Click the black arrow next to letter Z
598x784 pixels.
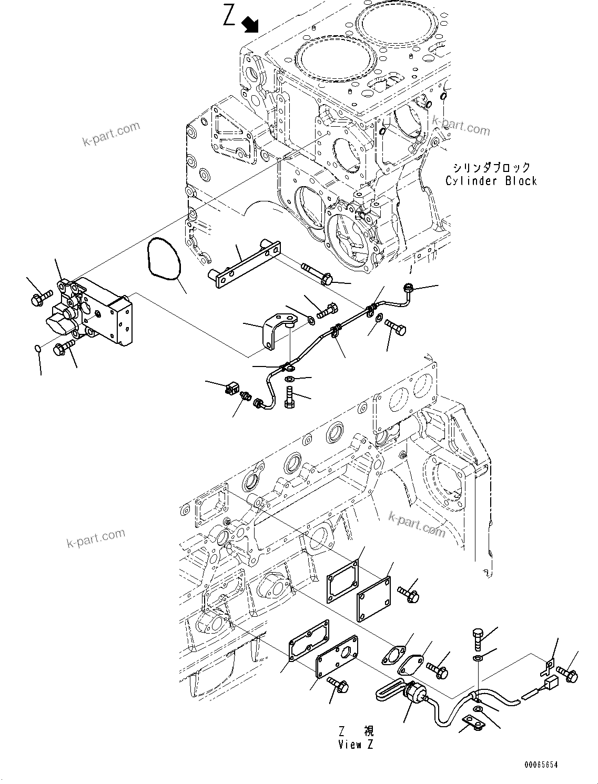click(x=250, y=24)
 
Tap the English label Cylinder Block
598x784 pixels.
click(x=491, y=181)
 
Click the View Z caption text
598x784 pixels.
click(x=357, y=744)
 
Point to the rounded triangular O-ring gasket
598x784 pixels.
click(x=164, y=258)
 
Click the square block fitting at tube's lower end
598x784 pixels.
click(x=232, y=390)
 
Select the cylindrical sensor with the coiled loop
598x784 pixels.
click(x=413, y=691)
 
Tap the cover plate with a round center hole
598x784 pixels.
click(x=338, y=657)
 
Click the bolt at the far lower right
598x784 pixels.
click(x=567, y=674)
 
